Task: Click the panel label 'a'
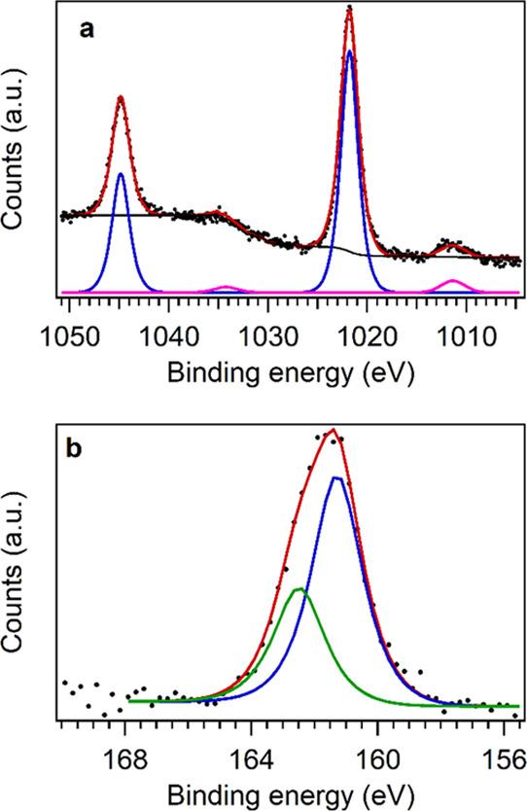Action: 87,30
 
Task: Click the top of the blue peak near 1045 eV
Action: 121,174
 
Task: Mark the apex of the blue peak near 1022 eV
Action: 349,52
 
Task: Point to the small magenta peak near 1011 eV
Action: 452,281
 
